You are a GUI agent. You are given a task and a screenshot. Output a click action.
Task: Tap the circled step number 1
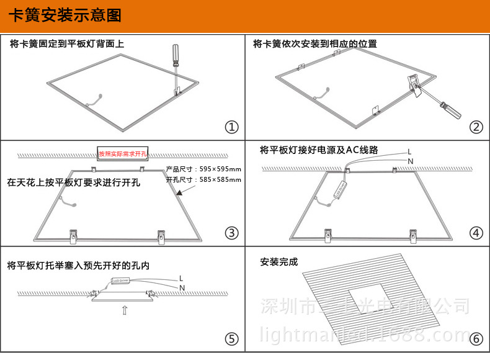pos(231,127)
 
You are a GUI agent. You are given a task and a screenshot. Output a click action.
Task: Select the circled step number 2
pos(476,127)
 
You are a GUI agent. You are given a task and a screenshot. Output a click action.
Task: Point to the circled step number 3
pos(231,233)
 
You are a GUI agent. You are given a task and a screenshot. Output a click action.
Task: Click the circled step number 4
pos(476,233)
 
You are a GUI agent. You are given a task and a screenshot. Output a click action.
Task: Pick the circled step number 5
pos(231,339)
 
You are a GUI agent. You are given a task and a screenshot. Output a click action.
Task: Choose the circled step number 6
pos(476,339)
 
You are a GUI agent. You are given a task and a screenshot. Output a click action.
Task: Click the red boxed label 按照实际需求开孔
pos(122,153)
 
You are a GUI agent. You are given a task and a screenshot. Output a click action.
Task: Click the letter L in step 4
pos(409,151)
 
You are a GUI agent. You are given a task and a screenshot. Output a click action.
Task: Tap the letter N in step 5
pos(182,288)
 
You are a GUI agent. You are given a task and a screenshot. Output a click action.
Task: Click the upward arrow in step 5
pos(125,310)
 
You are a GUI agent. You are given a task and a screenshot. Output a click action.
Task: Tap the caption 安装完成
pos(279,262)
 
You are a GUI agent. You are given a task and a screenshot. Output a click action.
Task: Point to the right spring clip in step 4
pos(411,233)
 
